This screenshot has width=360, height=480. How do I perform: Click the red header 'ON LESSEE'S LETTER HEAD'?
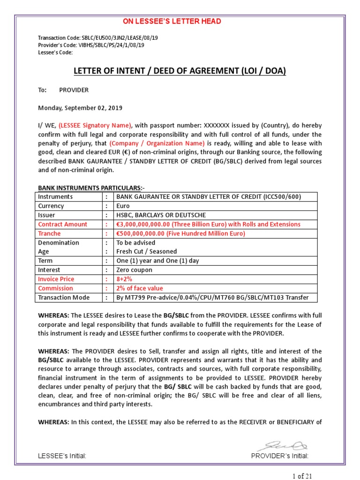click(x=172, y=22)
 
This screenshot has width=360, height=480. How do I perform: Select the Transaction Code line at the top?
click(x=97, y=38)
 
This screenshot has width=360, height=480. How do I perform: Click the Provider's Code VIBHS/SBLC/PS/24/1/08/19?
click(x=91, y=45)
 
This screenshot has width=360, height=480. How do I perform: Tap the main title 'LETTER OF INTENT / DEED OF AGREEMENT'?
click(x=180, y=71)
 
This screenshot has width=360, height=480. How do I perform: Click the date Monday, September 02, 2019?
click(x=80, y=108)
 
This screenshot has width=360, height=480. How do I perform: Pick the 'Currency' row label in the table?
click(x=51, y=206)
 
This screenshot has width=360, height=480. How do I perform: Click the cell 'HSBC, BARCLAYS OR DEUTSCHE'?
click(x=161, y=215)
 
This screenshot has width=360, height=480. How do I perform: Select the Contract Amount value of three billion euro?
click(x=208, y=224)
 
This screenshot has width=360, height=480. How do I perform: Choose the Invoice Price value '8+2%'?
click(x=125, y=279)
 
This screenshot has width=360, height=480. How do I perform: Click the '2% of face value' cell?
click(x=140, y=288)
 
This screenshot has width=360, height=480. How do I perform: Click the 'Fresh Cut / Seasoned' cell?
click(x=147, y=252)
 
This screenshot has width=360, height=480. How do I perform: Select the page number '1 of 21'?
click(x=302, y=476)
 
